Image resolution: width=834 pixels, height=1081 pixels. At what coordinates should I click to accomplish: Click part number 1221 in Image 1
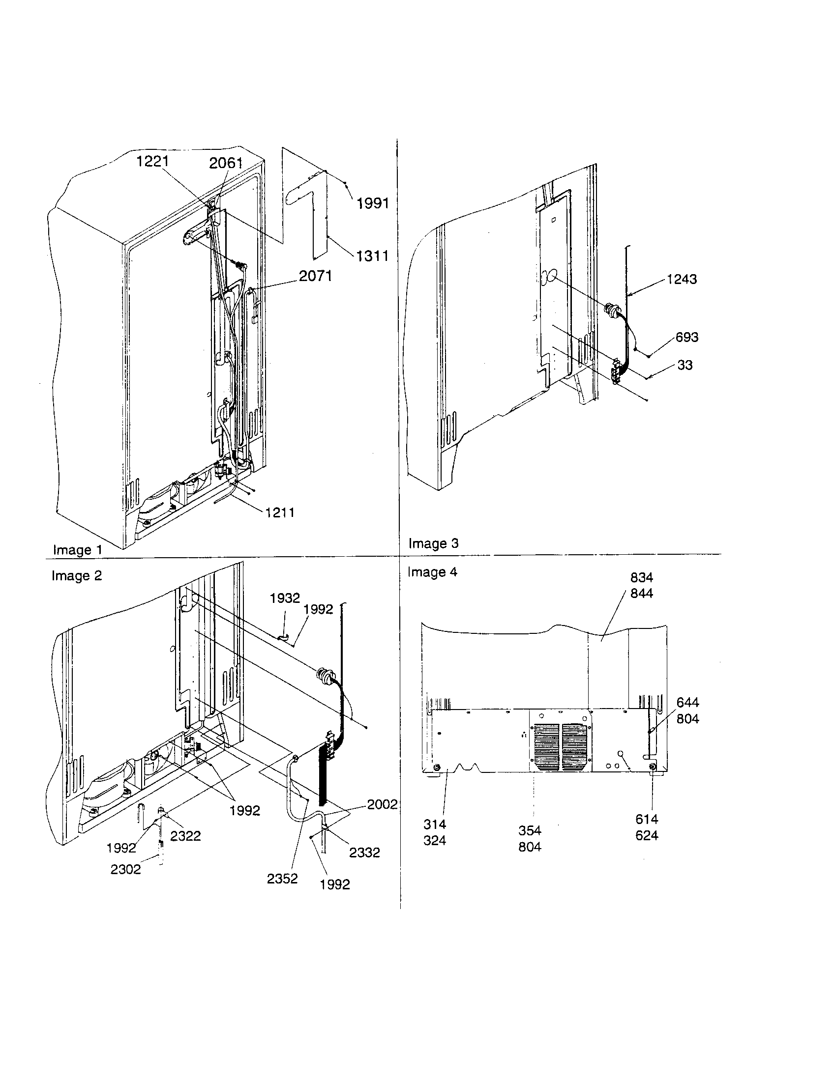[x=152, y=161]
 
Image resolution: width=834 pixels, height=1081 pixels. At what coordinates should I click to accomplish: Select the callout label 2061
[x=226, y=163]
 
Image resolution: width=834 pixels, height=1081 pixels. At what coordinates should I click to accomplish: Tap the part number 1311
[x=372, y=256]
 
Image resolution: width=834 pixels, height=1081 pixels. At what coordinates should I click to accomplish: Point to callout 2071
[x=316, y=276]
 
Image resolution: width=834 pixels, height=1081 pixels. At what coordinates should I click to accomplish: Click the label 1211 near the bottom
[x=280, y=512]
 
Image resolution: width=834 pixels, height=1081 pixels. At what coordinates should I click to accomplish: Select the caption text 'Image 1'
[x=78, y=550]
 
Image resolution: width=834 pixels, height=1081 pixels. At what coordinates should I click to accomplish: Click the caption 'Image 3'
[x=433, y=543]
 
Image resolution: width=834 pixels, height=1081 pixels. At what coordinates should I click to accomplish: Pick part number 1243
[x=682, y=279]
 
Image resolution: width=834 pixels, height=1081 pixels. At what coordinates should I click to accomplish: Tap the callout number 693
[x=687, y=337]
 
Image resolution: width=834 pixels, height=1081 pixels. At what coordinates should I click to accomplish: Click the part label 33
[x=685, y=365]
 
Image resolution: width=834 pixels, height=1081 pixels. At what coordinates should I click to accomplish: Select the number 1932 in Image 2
[x=285, y=598]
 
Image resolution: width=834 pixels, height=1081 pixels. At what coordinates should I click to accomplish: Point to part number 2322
[x=185, y=836]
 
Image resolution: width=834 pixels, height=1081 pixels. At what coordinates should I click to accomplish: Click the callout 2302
[x=126, y=869]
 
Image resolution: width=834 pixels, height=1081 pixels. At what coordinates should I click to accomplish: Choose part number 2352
[x=282, y=879]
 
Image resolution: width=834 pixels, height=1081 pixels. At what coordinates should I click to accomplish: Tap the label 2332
[x=364, y=853]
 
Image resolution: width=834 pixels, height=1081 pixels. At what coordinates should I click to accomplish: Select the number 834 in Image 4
[x=641, y=577]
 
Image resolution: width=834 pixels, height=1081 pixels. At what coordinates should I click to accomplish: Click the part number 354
[x=530, y=830]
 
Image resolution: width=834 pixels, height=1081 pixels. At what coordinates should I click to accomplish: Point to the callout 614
[x=647, y=819]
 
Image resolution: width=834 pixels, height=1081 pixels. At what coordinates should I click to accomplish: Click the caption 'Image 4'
[x=432, y=572]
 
